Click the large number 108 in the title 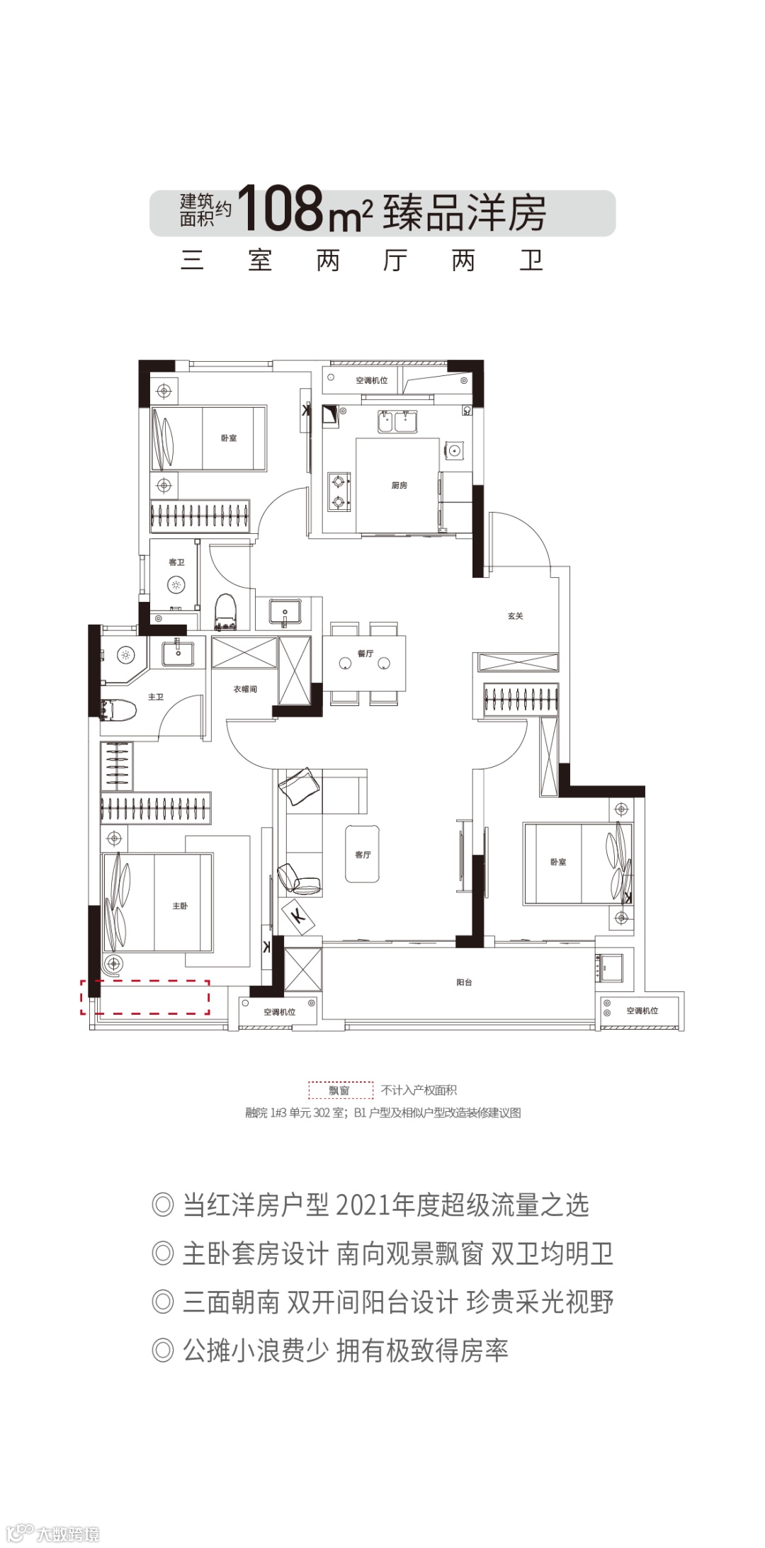point(281,209)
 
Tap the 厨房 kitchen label point(399,486)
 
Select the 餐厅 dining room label point(365,654)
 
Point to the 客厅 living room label point(363,855)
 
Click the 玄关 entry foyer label point(516,616)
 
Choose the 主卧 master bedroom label point(180,906)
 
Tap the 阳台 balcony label point(464,982)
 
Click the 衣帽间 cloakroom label point(245,689)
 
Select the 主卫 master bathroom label point(156,698)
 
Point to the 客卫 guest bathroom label point(176,562)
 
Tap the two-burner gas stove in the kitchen point(339,492)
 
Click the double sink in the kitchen point(397,422)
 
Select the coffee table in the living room point(362,853)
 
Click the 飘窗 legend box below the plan point(340,1090)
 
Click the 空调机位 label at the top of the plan point(372,380)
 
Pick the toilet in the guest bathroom point(225,612)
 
